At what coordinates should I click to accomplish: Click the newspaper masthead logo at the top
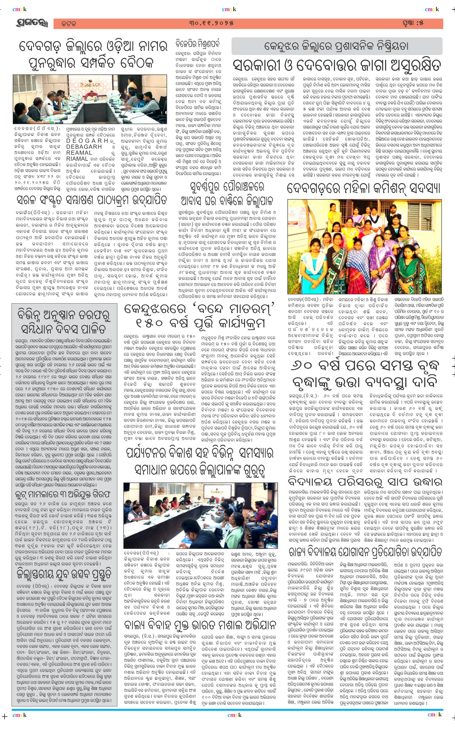[x=32, y=23]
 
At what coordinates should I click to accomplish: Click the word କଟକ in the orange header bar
[x=69, y=24]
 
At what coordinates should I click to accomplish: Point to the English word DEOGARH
[x=87, y=141]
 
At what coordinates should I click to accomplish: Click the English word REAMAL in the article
[x=79, y=153]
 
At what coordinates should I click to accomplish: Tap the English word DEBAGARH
[x=84, y=147]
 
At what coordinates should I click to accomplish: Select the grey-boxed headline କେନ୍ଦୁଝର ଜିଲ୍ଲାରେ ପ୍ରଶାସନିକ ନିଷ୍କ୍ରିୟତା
[x=336, y=46]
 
